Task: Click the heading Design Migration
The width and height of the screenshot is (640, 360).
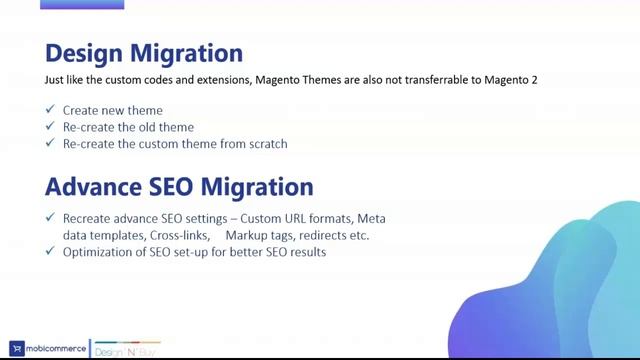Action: pos(144,52)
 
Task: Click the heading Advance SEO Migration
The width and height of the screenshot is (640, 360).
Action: pos(180,186)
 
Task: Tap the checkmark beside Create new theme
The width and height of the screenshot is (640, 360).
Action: pos(50,111)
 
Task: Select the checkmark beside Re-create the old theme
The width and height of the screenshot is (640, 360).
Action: pos(50,127)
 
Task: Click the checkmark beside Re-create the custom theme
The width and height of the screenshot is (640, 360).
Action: pos(50,143)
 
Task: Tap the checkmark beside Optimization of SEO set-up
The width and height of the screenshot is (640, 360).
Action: pos(50,251)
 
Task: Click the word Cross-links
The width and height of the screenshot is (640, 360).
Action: pos(178,236)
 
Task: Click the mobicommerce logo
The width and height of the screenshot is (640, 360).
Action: pos(46,339)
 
